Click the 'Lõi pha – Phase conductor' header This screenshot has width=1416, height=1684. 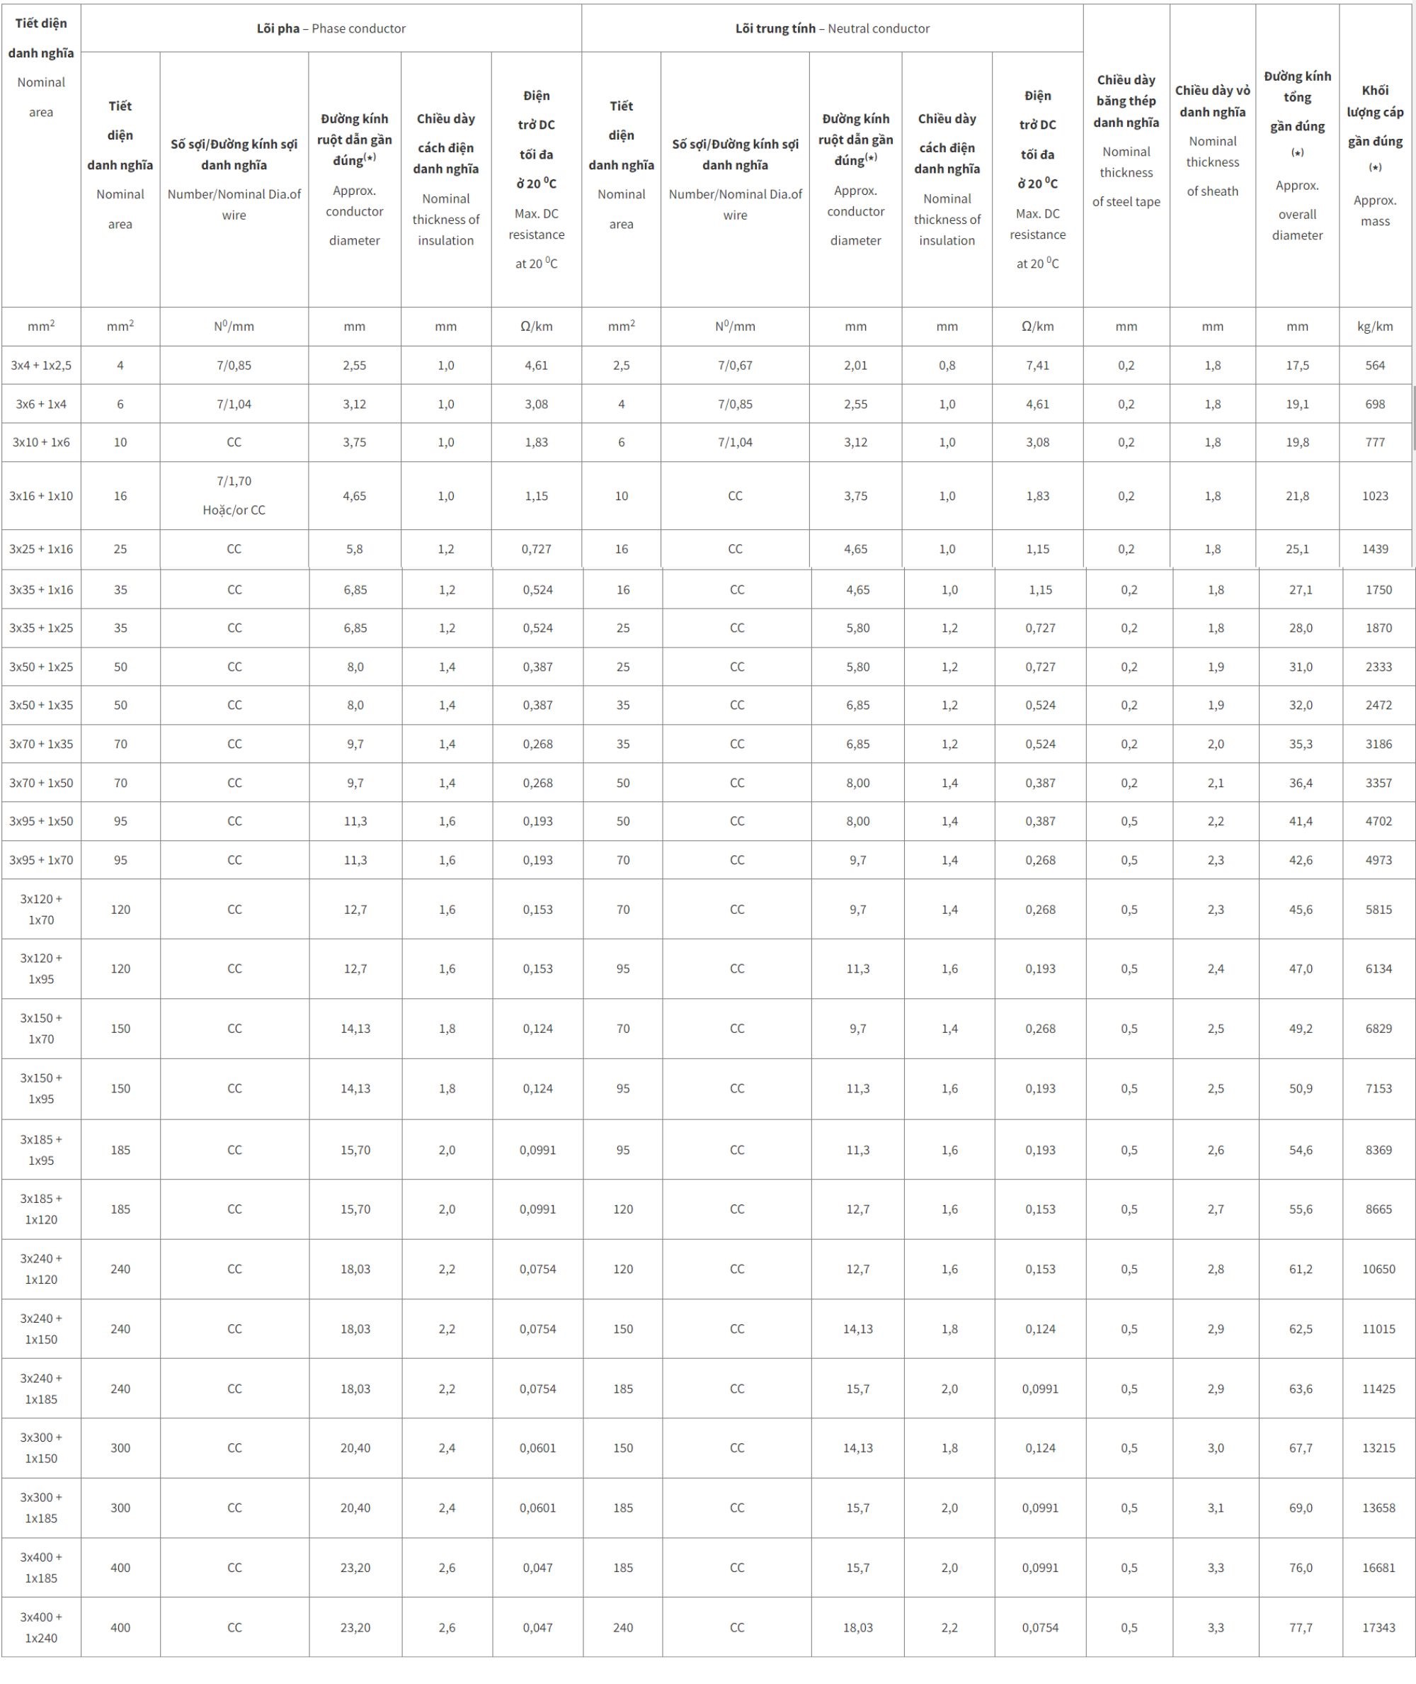tap(331, 29)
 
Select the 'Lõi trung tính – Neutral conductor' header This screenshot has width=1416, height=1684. tap(832, 29)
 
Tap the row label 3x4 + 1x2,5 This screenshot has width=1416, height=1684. tap(41, 366)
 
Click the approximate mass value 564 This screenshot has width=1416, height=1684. tap(1374, 366)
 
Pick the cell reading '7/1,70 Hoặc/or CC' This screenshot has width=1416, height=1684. tap(234, 495)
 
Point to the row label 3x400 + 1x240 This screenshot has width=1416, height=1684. tap(41, 1627)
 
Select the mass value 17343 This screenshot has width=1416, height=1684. tap(1378, 1627)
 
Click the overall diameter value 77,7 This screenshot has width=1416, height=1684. tap(1301, 1627)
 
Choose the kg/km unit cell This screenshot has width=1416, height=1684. tap(1374, 327)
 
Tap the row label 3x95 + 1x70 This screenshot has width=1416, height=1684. tap(41, 860)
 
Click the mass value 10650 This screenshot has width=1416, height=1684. tap(1378, 1269)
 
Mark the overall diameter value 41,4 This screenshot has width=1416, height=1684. tap(1301, 820)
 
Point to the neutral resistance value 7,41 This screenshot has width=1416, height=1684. tap(1037, 366)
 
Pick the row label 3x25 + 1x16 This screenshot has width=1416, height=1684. tap(41, 549)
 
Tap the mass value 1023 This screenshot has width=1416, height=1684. tap(1374, 495)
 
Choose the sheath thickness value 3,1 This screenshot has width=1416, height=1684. tap(1216, 1508)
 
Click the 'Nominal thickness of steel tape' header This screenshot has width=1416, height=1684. tap(1126, 140)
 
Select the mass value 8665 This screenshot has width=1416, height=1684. tap(1378, 1209)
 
